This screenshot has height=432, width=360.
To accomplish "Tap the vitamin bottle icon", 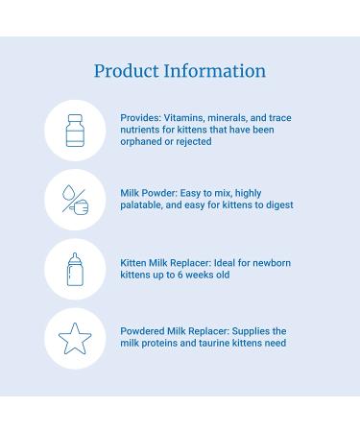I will (x=75, y=130).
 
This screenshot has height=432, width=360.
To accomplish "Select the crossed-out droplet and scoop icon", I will (x=75, y=199).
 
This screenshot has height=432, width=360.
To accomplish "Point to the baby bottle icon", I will (x=75, y=269).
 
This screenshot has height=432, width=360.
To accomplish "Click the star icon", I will (x=75, y=338).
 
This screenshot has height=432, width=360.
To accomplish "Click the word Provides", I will (x=141, y=118).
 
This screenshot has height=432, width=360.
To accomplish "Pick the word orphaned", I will (x=143, y=141).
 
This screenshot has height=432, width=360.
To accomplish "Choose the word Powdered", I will (x=145, y=331).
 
